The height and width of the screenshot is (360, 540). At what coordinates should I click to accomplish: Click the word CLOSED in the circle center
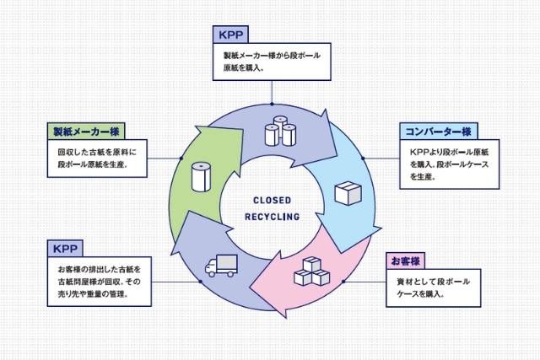[272, 200]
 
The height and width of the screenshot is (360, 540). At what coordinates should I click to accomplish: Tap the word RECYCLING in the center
[272, 217]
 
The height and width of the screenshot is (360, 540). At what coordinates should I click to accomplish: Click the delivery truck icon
[221, 266]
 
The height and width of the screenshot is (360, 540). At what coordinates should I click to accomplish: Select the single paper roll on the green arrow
[200, 176]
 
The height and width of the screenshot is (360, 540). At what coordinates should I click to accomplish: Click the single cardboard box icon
[347, 193]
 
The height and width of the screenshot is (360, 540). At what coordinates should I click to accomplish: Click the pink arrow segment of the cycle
[329, 278]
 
